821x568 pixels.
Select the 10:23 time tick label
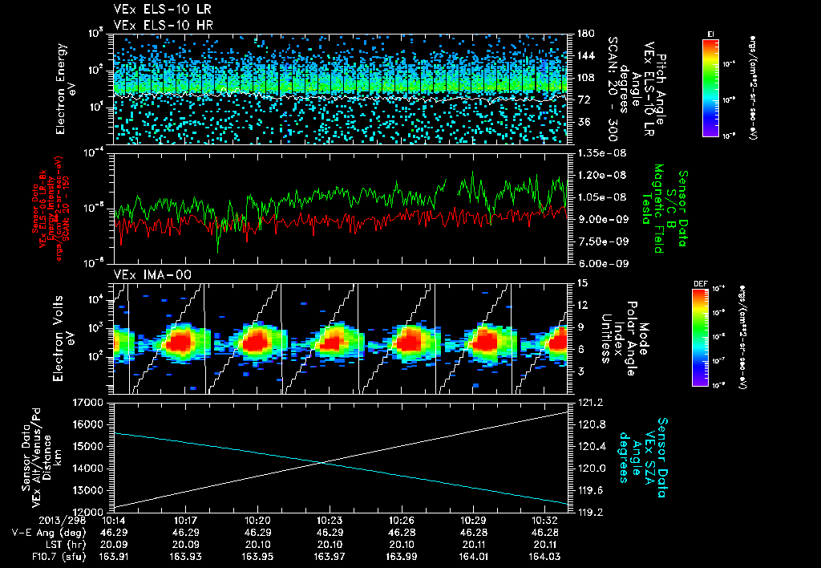pyautogui.click(x=338, y=520)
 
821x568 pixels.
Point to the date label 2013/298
pyautogui.click(x=31, y=520)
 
